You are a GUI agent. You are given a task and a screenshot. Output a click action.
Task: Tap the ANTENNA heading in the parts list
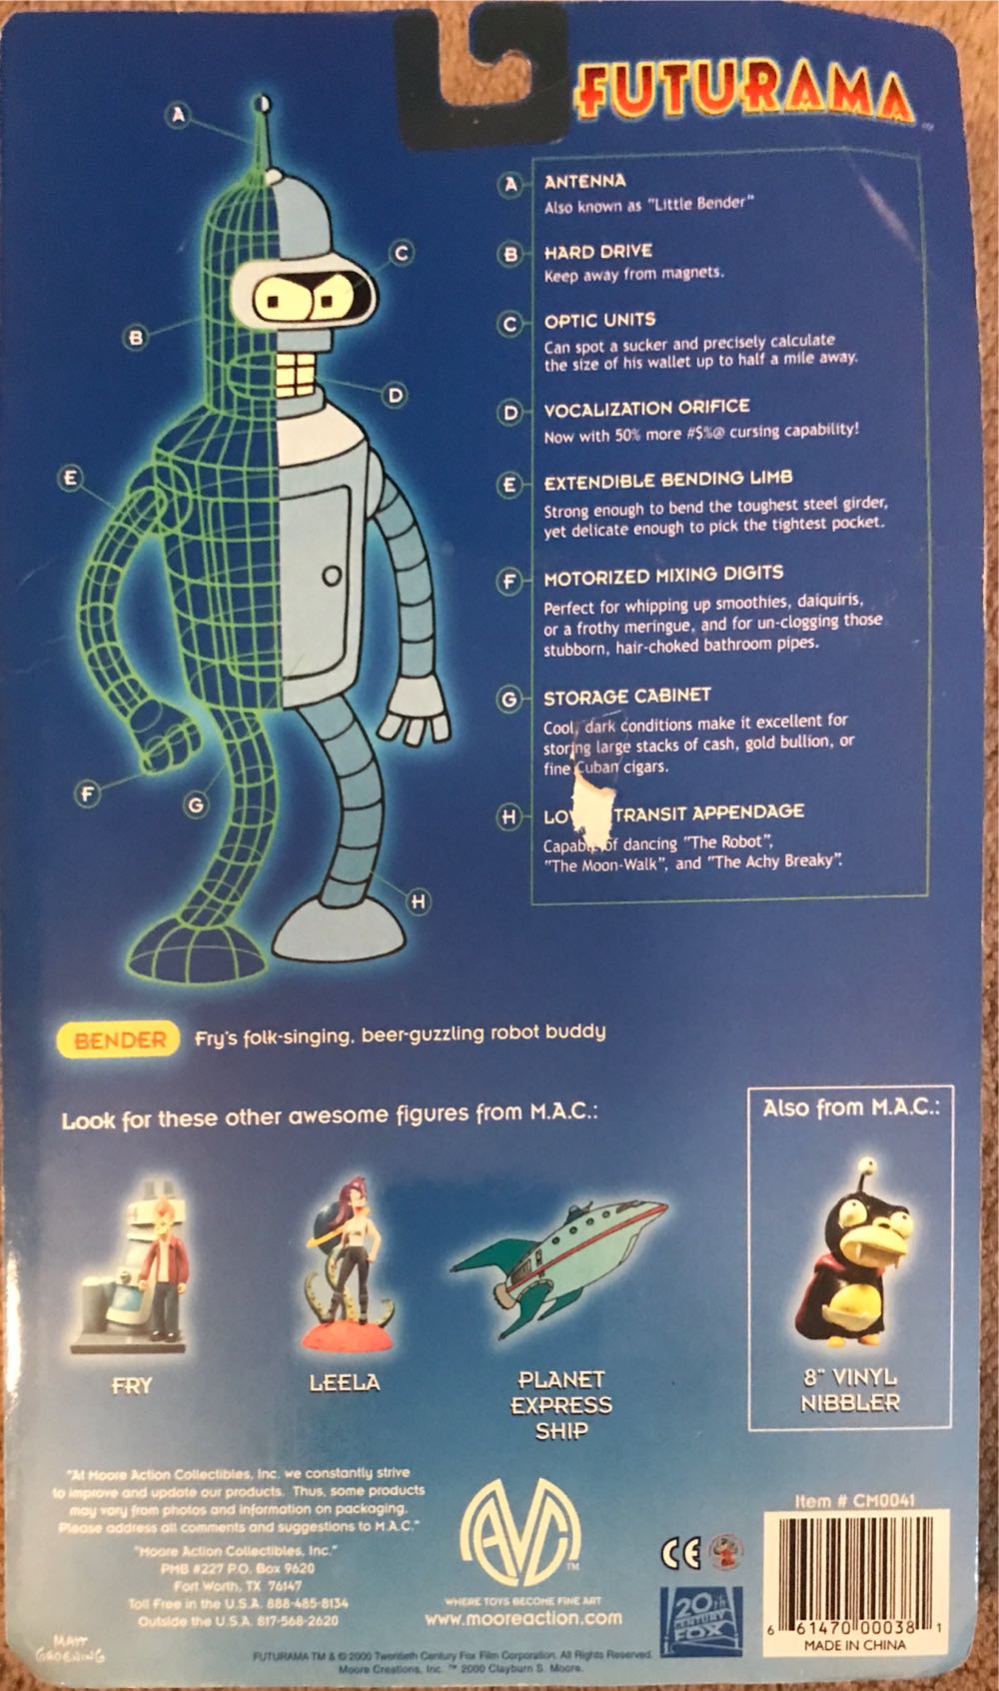click(x=584, y=181)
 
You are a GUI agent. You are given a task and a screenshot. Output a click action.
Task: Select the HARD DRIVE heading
click(x=597, y=251)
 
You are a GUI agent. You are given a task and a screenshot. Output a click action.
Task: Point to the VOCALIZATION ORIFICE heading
click(x=646, y=408)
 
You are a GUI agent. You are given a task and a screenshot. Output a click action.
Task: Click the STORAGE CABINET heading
click(x=626, y=697)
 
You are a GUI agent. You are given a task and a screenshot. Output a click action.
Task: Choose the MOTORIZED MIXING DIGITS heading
click(x=663, y=576)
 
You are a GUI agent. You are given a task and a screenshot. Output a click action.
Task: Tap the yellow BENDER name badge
click(x=120, y=1039)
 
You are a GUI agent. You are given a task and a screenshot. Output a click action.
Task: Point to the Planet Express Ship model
click(x=559, y=1259)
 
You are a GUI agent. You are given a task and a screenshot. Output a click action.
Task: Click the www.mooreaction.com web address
click(x=522, y=1617)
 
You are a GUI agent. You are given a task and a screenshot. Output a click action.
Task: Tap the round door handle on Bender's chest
click(x=333, y=575)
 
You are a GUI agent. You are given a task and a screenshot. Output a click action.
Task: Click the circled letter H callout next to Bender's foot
click(x=420, y=901)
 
